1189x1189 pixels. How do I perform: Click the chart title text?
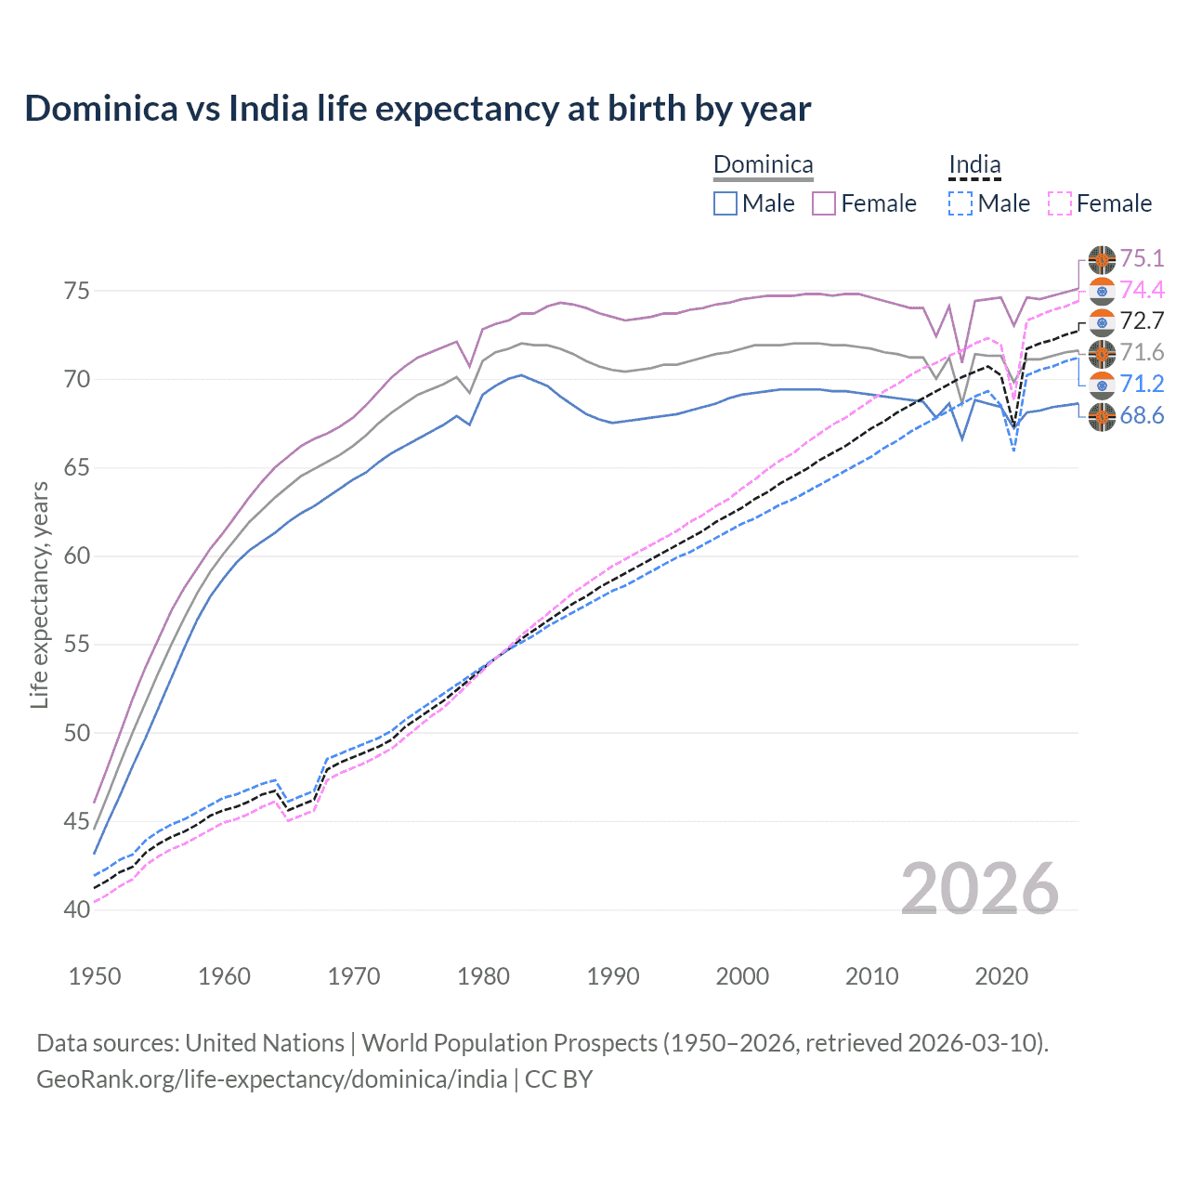(x=418, y=109)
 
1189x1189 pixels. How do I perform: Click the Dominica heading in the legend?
(x=763, y=165)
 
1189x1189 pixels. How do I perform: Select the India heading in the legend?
(x=974, y=165)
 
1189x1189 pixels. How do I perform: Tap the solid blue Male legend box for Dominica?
(x=725, y=203)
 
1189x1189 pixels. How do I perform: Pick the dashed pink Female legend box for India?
(x=1060, y=203)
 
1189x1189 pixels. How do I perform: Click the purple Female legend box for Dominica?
(x=824, y=203)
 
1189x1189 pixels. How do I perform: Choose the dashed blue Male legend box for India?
(x=960, y=203)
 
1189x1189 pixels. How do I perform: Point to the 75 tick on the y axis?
(x=77, y=291)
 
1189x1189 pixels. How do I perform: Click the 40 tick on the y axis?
(x=77, y=909)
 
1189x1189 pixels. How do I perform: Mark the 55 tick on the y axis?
(x=77, y=645)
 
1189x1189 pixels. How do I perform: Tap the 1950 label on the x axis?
(x=95, y=976)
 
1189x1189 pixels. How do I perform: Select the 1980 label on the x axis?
(x=483, y=976)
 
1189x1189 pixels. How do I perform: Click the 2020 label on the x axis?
(x=1001, y=976)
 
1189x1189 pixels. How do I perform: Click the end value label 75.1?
(x=1142, y=258)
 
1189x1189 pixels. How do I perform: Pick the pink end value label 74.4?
(x=1142, y=290)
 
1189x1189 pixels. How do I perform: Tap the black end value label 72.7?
(x=1142, y=321)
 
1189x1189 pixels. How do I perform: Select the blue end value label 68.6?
(x=1142, y=415)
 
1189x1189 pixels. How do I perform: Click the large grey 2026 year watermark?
(x=979, y=889)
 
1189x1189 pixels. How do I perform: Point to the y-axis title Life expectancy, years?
(x=39, y=594)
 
